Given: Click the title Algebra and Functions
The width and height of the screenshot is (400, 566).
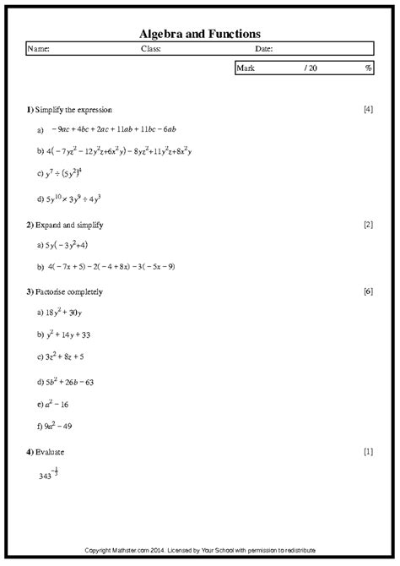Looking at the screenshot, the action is pyautogui.click(x=199, y=33).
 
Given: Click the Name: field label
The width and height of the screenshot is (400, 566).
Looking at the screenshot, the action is pyautogui.click(x=40, y=49).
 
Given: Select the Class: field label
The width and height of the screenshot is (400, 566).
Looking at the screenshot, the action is pyautogui.click(x=151, y=49).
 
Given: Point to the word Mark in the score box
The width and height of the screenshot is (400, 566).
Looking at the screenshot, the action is pyautogui.click(x=247, y=68).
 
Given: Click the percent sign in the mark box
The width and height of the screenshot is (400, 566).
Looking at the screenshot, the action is pyautogui.click(x=368, y=68).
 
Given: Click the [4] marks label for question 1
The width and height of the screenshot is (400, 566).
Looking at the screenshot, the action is pyautogui.click(x=367, y=110).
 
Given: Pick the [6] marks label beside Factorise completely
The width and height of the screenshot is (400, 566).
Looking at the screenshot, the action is pyautogui.click(x=367, y=291).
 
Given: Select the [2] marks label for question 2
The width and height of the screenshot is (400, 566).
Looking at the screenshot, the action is pyautogui.click(x=367, y=225).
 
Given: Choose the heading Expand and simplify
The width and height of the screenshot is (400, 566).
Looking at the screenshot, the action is pyautogui.click(x=70, y=225).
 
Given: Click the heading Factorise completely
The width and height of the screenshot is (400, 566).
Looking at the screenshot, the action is pyautogui.click(x=68, y=291).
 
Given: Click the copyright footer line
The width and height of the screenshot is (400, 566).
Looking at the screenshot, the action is pyautogui.click(x=199, y=551).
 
